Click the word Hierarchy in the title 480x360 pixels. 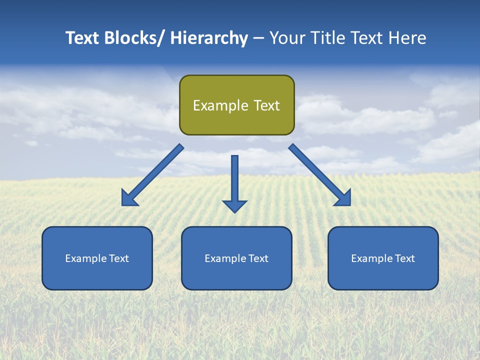[x=209, y=38]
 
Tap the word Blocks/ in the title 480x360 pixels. [x=133, y=38]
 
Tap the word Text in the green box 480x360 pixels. [x=266, y=105]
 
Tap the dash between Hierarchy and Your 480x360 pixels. [x=258, y=38]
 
